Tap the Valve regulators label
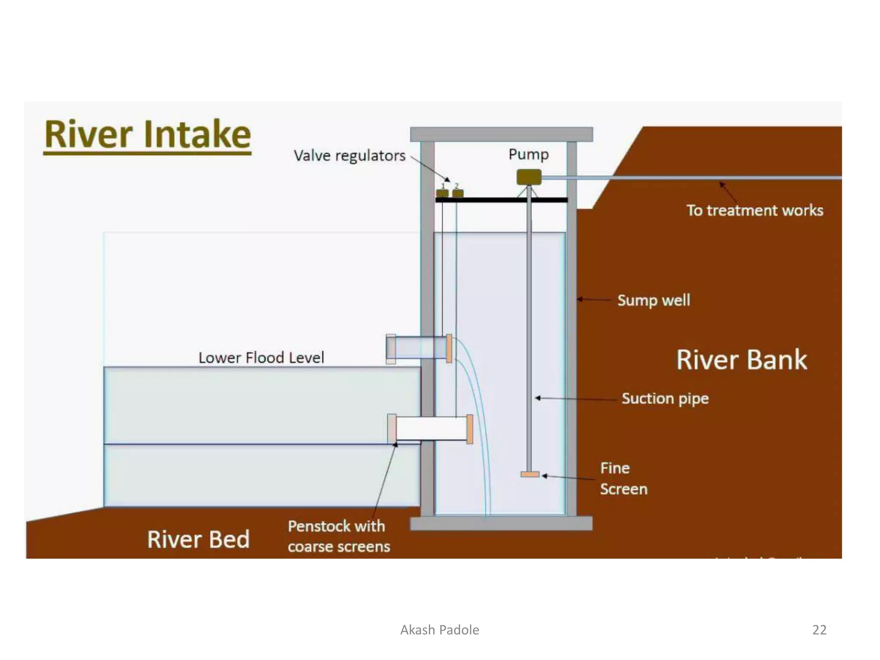click(x=349, y=156)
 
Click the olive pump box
click(x=529, y=177)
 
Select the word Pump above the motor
click(x=529, y=154)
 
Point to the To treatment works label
click(x=755, y=211)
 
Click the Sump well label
click(x=654, y=300)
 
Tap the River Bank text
click(x=742, y=360)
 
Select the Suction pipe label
click(x=665, y=398)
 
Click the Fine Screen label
click(x=623, y=479)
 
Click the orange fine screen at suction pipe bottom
click(x=530, y=474)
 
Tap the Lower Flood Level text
click(x=261, y=357)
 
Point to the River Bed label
click(x=198, y=539)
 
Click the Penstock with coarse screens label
click(x=339, y=536)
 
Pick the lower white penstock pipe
click(x=431, y=428)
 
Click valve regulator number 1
click(x=442, y=193)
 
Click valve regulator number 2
click(x=458, y=193)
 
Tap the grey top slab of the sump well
click(x=501, y=134)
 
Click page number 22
click(x=819, y=629)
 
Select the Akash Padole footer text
click(x=440, y=629)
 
